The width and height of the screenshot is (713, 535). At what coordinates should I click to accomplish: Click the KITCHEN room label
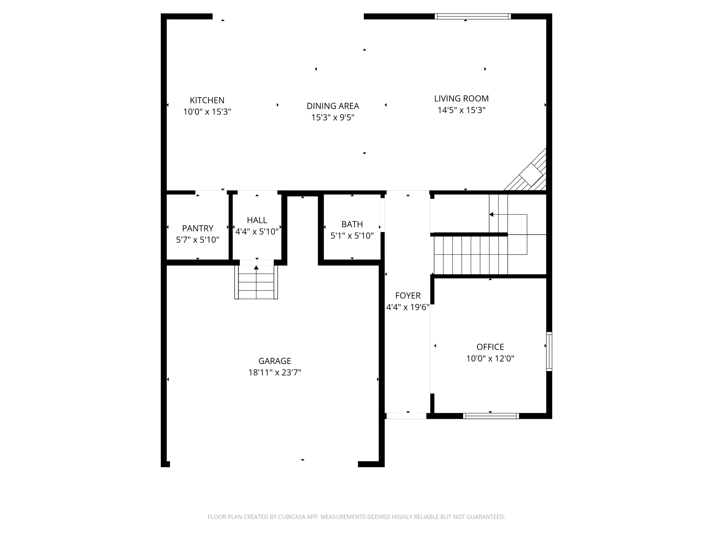point(207,100)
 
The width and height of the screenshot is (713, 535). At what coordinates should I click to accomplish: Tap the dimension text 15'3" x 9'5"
point(332,117)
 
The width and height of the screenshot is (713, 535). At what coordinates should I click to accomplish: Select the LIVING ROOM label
point(461,99)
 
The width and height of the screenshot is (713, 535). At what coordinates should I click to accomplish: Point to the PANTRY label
point(197,228)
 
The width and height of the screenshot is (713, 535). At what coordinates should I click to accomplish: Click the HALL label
point(257,220)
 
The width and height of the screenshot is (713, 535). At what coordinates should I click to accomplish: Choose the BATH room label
point(352,224)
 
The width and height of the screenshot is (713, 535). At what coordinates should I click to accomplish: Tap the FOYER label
point(408,296)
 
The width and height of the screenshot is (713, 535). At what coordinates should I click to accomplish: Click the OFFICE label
point(490,347)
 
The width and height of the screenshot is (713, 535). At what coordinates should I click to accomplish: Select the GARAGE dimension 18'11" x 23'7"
point(274,373)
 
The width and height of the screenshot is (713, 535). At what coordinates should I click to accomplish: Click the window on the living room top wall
point(472,16)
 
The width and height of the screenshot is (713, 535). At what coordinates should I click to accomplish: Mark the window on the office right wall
point(549,351)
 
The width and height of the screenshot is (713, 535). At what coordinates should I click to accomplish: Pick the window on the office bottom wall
point(491,416)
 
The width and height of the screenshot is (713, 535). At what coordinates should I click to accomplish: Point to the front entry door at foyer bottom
point(406,416)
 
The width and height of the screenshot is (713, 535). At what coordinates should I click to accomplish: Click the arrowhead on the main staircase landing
point(491,215)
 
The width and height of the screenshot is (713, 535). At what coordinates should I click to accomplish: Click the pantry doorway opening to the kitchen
point(211,192)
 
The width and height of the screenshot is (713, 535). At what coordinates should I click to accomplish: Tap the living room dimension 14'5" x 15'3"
point(461,110)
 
